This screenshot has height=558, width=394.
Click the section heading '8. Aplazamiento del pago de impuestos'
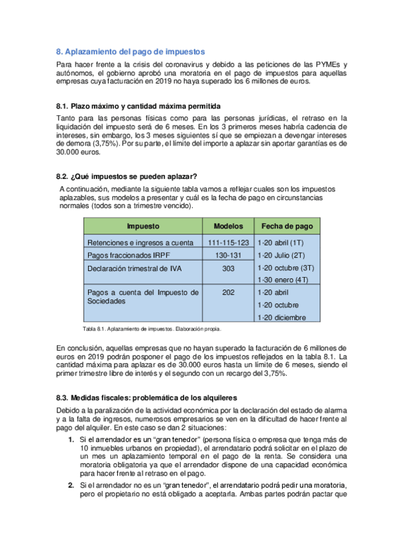coord(131,51)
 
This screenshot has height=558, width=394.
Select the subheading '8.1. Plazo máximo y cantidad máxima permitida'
coord(138,107)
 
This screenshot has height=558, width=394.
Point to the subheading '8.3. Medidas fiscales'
coord(142,398)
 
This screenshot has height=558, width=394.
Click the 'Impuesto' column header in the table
coord(143,226)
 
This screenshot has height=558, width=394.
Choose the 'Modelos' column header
coord(228,226)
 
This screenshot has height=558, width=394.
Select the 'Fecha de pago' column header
coord(287,226)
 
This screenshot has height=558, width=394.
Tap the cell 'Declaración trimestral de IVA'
coord(134,268)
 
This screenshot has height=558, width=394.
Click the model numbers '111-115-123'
coord(228,243)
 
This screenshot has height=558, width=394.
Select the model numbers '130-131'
coord(228,255)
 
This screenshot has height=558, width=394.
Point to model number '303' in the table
coord(228,268)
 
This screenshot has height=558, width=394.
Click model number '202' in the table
coord(228,292)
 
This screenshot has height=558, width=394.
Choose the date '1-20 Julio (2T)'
coord(282,255)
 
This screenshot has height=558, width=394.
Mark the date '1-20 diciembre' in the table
coord(282,317)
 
